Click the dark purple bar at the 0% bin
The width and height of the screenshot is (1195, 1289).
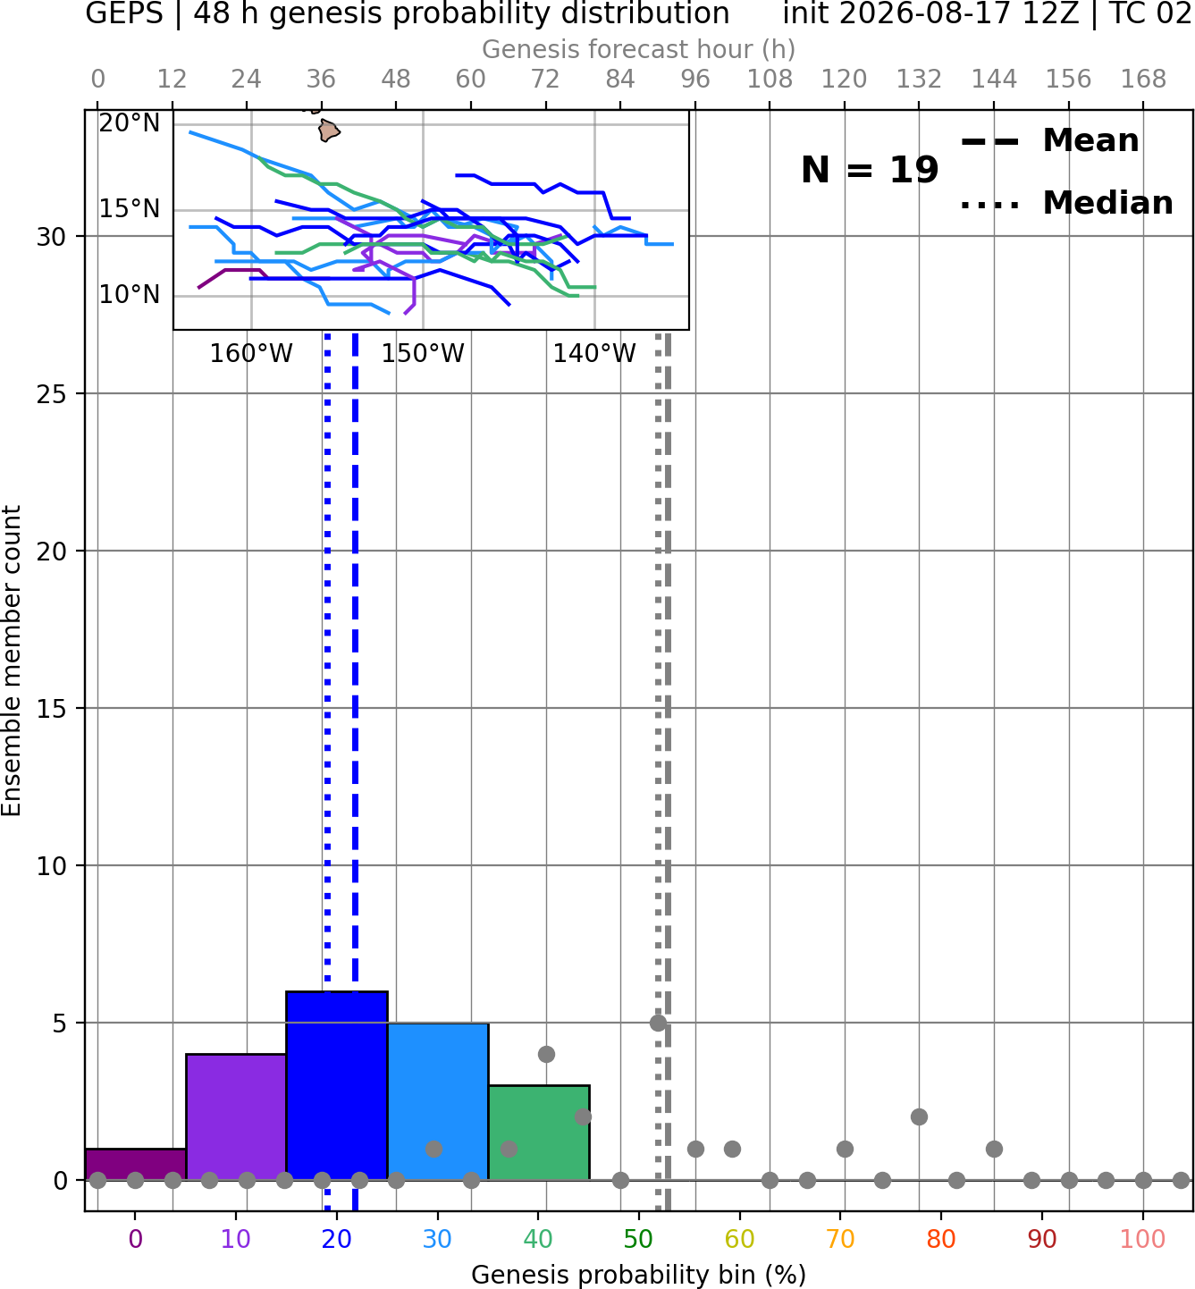click(x=136, y=1164)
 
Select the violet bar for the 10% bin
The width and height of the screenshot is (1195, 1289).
click(x=236, y=1116)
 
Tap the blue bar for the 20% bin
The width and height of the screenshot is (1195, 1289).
click(x=337, y=1085)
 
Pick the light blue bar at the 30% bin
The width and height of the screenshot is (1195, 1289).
click(x=438, y=1100)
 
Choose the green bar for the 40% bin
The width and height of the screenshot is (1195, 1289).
click(x=539, y=1133)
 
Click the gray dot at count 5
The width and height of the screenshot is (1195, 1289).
click(x=658, y=1023)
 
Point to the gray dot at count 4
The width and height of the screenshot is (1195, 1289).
click(x=546, y=1054)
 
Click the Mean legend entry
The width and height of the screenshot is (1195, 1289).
click(x=1049, y=141)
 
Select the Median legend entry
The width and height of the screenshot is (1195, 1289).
click(x=1066, y=203)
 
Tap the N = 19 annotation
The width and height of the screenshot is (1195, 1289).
click(x=870, y=170)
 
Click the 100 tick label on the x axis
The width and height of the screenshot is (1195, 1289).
click(x=1142, y=1239)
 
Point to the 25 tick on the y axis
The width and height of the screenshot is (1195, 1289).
click(x=52, y=394)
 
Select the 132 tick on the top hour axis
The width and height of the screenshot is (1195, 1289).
click(x=919, y=80)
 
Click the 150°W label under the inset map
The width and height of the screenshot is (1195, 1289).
click(x=423, y=354)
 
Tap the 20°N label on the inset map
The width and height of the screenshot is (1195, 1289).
click(x=130, y=122)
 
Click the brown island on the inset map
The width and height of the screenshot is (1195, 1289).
click(x=328, y=131)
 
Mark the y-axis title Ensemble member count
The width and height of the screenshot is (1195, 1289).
click(x=11, y=660)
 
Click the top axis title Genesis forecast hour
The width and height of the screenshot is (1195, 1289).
click(x=639, y=49)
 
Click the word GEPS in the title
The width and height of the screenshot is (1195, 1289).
click(x=124, y=13)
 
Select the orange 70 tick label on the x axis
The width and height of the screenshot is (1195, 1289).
click(x=840, y=1239)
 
